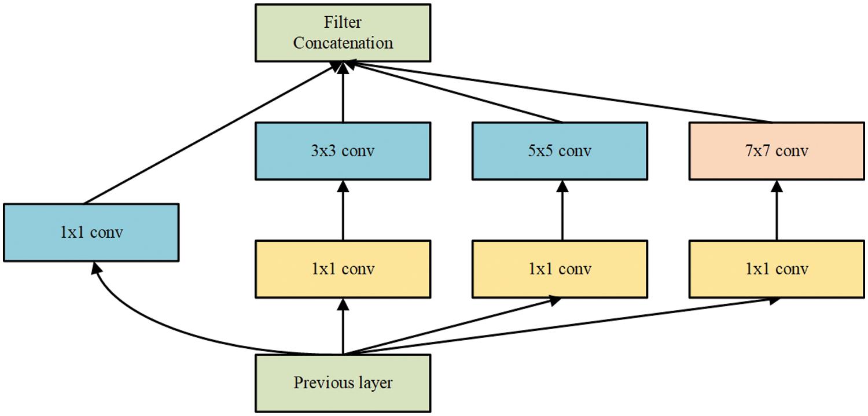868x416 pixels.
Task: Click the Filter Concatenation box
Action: [343, 32]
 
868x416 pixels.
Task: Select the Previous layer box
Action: [343, 383]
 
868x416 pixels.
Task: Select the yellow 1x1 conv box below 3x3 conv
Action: [343, 269]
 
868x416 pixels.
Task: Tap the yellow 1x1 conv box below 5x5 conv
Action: [560, 269]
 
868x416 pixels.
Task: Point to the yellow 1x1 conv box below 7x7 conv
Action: [777, 269]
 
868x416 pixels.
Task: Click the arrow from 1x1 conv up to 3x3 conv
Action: [343, 211]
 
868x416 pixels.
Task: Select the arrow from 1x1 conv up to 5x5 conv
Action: [561, 211]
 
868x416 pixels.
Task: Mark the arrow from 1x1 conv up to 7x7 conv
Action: [777, 211]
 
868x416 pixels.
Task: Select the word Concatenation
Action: [343, 43]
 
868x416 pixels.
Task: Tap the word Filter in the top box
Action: [343, 23]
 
